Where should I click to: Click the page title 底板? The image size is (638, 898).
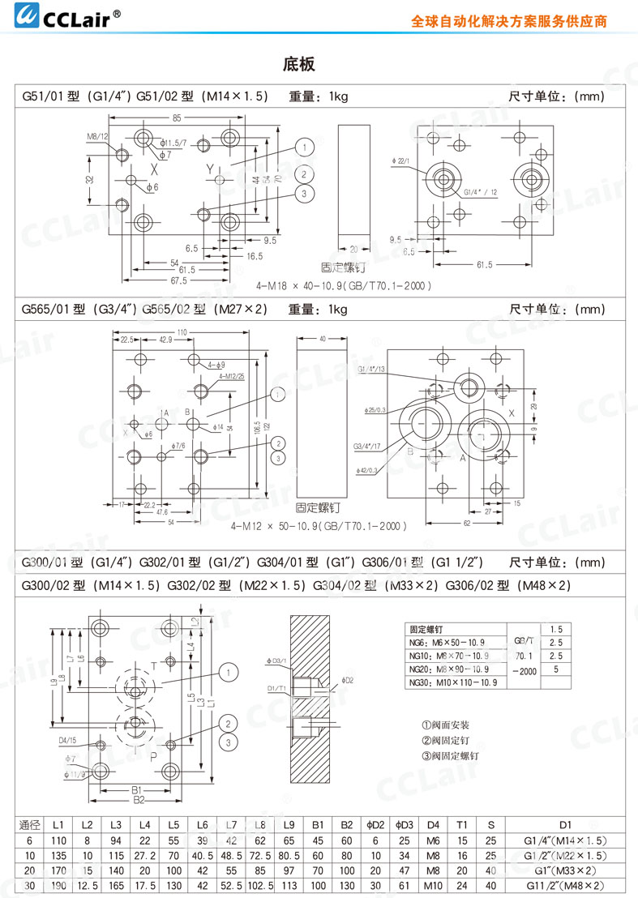(298, 64)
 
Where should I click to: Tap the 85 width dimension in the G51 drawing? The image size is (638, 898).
(177, 118)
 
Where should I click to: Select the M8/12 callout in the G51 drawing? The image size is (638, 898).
(98, 136)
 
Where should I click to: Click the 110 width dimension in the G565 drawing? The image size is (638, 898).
(182, 332)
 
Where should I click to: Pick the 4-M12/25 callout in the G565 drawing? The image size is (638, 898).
(231, 377)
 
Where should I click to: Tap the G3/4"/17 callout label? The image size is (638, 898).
(367, 446)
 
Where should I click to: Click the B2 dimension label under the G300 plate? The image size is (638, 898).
(138, 800)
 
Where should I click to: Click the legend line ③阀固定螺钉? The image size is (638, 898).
(451, 755)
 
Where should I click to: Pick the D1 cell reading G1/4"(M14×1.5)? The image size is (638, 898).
(565, 841)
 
